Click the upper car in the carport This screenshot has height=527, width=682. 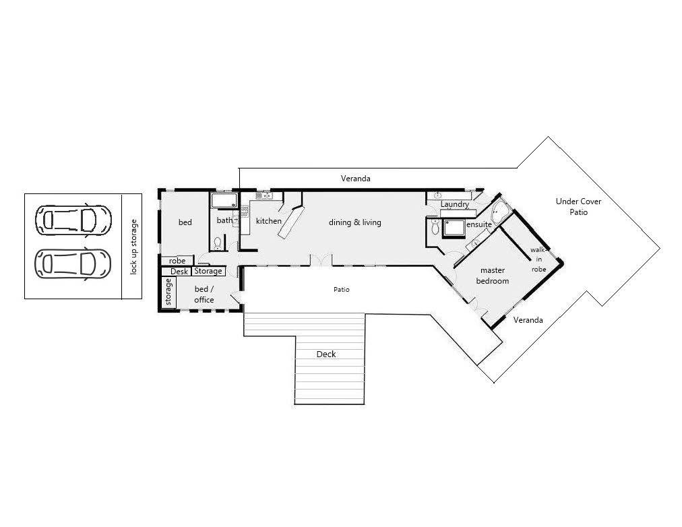(73, 220)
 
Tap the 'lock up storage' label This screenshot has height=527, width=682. (133, 247)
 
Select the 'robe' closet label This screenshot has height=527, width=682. (177, 261)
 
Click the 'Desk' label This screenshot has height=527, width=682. (179, 272)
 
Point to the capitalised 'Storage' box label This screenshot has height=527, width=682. (208, 271)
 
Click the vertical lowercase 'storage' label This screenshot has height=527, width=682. (168, 292)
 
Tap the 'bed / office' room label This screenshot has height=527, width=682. (204, 294)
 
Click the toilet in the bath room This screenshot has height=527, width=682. (217, 243)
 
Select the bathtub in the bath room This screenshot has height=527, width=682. (224, 200)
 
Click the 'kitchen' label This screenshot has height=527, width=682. (268, 221)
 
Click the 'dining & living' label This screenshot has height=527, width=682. (355, 222)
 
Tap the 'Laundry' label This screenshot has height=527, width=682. (455, 204)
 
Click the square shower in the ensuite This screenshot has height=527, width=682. (454, 228)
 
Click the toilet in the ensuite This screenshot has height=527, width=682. (435, 227)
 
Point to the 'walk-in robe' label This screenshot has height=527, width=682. (538, 259)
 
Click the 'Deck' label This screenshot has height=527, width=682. (325, 354)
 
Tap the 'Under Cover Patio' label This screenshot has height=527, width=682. (578, 206)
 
